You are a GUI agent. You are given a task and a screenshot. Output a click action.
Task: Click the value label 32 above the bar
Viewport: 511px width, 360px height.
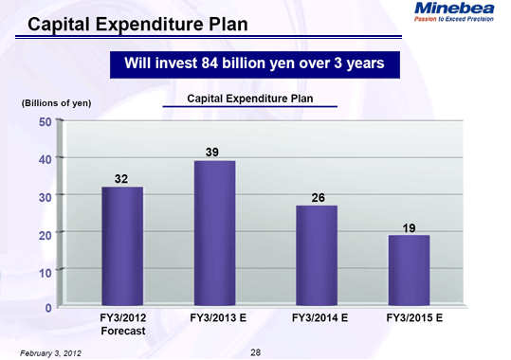point(122,178)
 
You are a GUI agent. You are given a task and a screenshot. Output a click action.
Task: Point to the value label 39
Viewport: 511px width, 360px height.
point(214,152)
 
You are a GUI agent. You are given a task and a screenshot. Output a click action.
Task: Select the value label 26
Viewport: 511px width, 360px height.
point(318,197)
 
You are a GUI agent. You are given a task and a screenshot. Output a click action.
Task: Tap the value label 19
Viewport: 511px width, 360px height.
point(410,227)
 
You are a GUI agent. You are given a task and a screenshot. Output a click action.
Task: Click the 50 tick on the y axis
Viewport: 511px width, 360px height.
point(46,121)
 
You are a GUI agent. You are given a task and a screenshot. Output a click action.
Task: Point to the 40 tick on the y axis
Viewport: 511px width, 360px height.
point(46,158)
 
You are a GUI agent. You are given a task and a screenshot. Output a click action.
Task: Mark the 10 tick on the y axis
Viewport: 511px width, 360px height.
point(46,271)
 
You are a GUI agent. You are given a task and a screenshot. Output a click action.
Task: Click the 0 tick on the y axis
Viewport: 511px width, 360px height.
point(48,308)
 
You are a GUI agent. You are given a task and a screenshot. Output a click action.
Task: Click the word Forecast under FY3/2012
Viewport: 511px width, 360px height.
point(123,332)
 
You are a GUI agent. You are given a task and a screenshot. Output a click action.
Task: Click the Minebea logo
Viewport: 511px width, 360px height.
point(453,10)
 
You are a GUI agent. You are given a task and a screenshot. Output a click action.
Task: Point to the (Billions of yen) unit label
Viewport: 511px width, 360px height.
point(56,102)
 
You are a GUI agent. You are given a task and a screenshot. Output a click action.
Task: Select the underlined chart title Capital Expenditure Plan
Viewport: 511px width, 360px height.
point(249,99)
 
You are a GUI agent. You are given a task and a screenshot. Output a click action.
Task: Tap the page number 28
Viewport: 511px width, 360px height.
point(255,351)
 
